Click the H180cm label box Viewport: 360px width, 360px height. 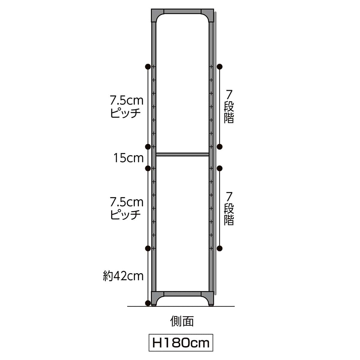(181, 342)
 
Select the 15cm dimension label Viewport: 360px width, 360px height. (128, 158)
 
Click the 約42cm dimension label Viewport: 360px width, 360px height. (123, 276)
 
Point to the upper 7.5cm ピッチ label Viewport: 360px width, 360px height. (127, 107)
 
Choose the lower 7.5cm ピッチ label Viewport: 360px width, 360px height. (127, 208)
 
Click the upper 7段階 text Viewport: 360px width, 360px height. (229, 106)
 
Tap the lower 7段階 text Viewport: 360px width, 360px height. (229, 208)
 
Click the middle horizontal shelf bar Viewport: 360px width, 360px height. (182, 154)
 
